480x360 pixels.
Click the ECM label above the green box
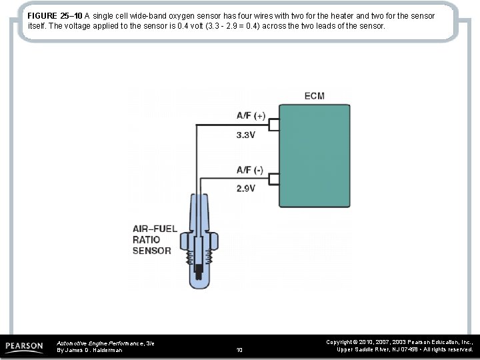click(314, 96)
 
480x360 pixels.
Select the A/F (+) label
click(251, 115)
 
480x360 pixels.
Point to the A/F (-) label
click(250, 170)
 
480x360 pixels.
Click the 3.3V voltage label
click(246, 135)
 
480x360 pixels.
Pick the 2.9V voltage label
click(246, 189)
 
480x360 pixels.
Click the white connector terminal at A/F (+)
click(273, 124)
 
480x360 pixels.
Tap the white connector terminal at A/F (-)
click(273, 179)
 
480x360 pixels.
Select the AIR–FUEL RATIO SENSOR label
click(155, 240)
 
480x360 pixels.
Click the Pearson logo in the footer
click(25, 346)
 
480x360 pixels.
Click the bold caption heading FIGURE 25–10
click(55, 15)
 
